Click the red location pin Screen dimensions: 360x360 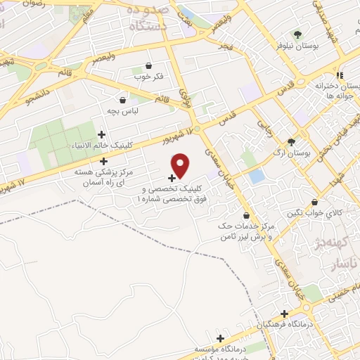pyautogui.click(x=181, y=165)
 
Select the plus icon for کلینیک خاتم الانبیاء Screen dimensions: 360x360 pyautogui.click(x=102, y=134)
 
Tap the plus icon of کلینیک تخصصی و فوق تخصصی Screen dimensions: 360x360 pyautogui.click(x=172, y=178)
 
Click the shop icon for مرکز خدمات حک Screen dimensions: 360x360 pyautogui.click(x=245, y=215)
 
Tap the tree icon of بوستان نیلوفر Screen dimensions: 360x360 pyautogui.click(x=297, y=34)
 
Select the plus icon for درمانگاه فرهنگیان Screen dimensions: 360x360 pyautogui.click(x=284, y=314)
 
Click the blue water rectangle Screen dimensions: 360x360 pyautogui.click(x=257, y=175)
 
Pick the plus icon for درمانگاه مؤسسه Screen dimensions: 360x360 pyautogui.click(x=220, y=339)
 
